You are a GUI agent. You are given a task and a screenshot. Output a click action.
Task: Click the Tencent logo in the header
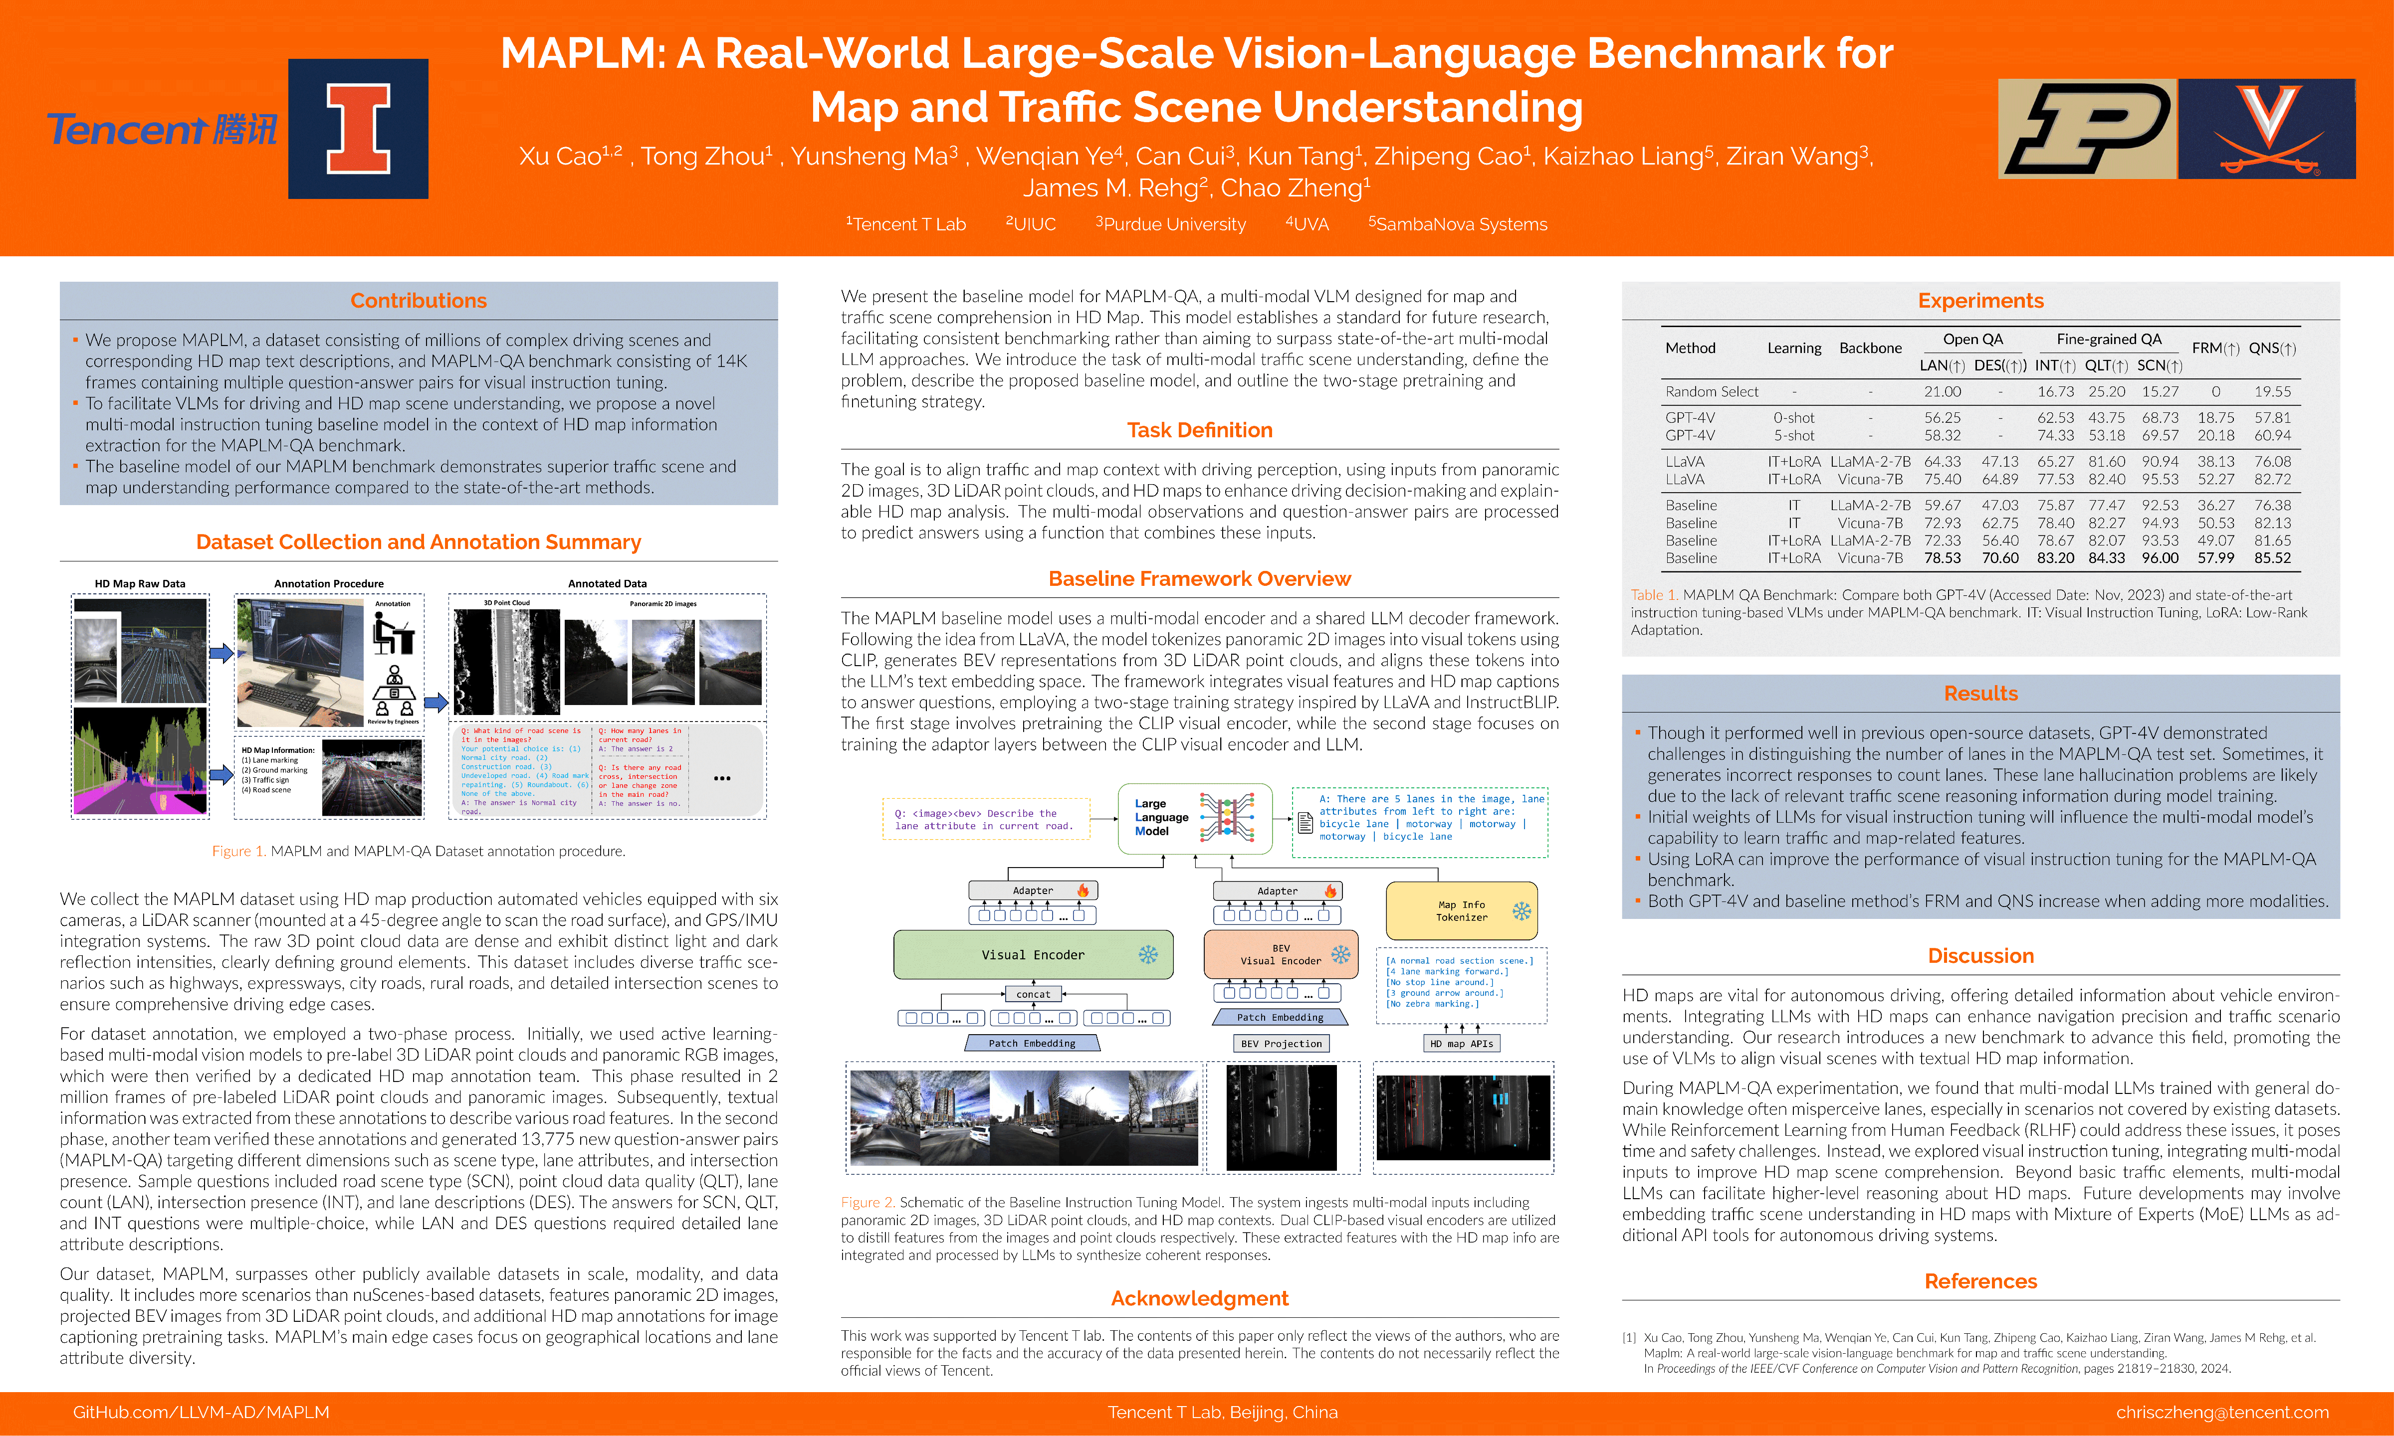click(162, 129)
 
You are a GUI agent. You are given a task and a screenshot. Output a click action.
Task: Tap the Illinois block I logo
click(358, 129)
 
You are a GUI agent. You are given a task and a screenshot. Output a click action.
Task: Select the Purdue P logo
click(2087, 129)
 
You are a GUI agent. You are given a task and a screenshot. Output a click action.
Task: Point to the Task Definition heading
click(1199, 431)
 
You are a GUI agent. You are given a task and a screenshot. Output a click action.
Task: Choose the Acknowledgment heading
click(1199, 1298)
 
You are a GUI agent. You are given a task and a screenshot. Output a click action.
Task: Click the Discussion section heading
click(1980, 956)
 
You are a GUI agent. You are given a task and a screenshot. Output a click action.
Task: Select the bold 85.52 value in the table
click(2272, 558)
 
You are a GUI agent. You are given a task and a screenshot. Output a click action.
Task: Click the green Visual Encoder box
click(1033, 955)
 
